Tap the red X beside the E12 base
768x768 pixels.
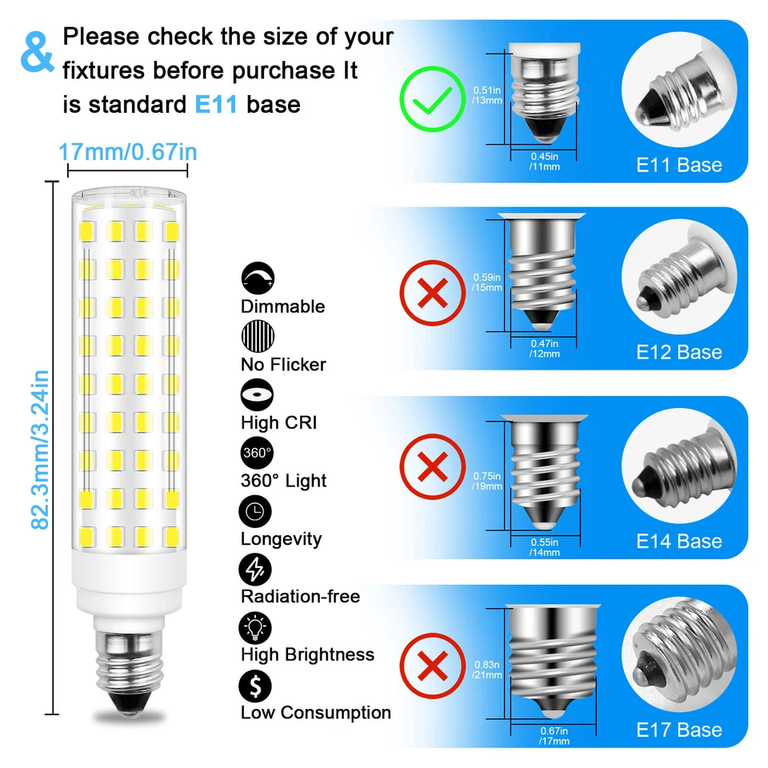point(433,293)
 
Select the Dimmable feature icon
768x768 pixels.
point(257,278)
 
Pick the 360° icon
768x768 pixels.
point(257,453)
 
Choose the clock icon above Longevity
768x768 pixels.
point(257,511)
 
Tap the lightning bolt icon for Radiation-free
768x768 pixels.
point(257,569)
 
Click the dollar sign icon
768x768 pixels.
point(257,686)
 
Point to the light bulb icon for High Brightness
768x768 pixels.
point(257,627)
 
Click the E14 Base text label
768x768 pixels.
point(678,542)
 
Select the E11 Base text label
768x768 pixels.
point(678,166)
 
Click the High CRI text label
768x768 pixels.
point(279,422)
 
